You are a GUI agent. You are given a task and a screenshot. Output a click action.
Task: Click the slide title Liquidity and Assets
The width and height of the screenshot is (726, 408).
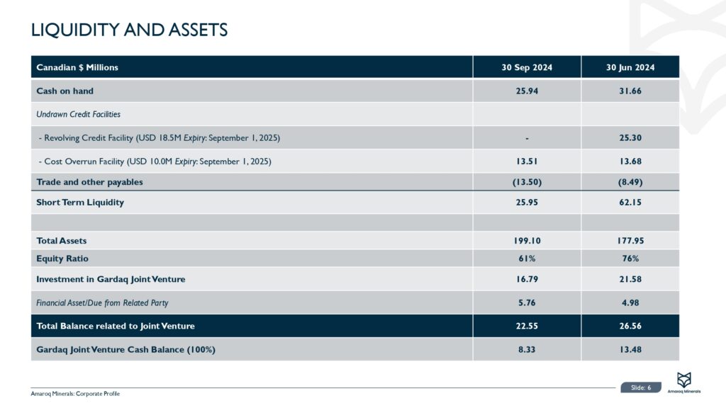click(129, 30)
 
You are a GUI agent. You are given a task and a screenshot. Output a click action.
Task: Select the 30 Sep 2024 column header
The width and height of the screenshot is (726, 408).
click(527, 67)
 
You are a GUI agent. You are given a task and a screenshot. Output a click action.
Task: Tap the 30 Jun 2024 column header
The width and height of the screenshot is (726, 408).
click(630, 67)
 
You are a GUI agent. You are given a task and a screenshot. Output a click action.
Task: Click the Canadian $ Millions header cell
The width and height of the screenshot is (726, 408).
click(77, 67)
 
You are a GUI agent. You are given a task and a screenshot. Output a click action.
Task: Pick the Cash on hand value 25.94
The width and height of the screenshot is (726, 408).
click(527, 91)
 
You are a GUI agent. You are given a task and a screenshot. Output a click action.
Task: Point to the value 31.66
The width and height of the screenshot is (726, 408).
click(630, 91)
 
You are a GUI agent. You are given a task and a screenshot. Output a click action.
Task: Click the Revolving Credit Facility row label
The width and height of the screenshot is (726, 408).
click(163, 137)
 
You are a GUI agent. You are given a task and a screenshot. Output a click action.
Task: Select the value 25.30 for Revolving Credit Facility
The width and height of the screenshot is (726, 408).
click(630, 137)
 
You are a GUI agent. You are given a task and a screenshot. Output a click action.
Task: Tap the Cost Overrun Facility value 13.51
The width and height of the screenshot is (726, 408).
click(527, 161)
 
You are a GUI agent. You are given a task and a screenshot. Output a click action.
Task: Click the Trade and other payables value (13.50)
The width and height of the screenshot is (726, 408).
click(527, 182)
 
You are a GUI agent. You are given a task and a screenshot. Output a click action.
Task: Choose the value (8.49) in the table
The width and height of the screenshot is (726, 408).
click(630, 182)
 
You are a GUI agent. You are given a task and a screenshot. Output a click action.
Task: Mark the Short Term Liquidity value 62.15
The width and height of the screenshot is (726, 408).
click(630, 203)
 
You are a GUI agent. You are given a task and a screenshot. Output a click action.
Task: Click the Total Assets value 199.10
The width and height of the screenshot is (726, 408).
click(527, 241)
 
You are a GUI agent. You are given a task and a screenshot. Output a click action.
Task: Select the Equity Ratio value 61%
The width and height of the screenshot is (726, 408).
click(527, 259)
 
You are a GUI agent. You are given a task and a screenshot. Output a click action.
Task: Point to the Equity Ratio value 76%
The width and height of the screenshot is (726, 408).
click(630, 259)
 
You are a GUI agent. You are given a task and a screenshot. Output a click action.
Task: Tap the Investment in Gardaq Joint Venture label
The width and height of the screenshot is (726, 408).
click(111, 279)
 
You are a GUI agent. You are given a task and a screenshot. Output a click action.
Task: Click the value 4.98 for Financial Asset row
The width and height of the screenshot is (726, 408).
click(630, 303)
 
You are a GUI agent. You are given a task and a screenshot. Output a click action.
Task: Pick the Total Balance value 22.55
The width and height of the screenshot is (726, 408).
click(527, 326)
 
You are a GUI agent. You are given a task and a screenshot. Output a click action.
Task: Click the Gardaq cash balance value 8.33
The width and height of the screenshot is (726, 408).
click(527, 349)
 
